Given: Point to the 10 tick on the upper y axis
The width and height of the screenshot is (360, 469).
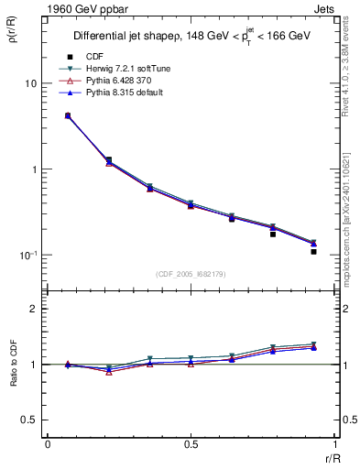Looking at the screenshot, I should [30, 84].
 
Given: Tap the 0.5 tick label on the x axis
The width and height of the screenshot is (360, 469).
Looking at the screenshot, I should [191, 444].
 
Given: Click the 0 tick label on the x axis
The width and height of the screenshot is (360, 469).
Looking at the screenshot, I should [48, 444].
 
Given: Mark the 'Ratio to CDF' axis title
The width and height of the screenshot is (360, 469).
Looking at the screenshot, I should [14, 377].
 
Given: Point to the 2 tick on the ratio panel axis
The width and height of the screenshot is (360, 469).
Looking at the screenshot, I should [34, 310].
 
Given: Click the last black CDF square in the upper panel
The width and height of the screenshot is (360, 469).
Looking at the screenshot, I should [313, 251].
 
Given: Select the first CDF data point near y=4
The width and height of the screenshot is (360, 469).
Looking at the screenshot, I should [68, 115].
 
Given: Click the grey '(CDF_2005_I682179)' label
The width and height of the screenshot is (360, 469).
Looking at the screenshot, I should [191, 274].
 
